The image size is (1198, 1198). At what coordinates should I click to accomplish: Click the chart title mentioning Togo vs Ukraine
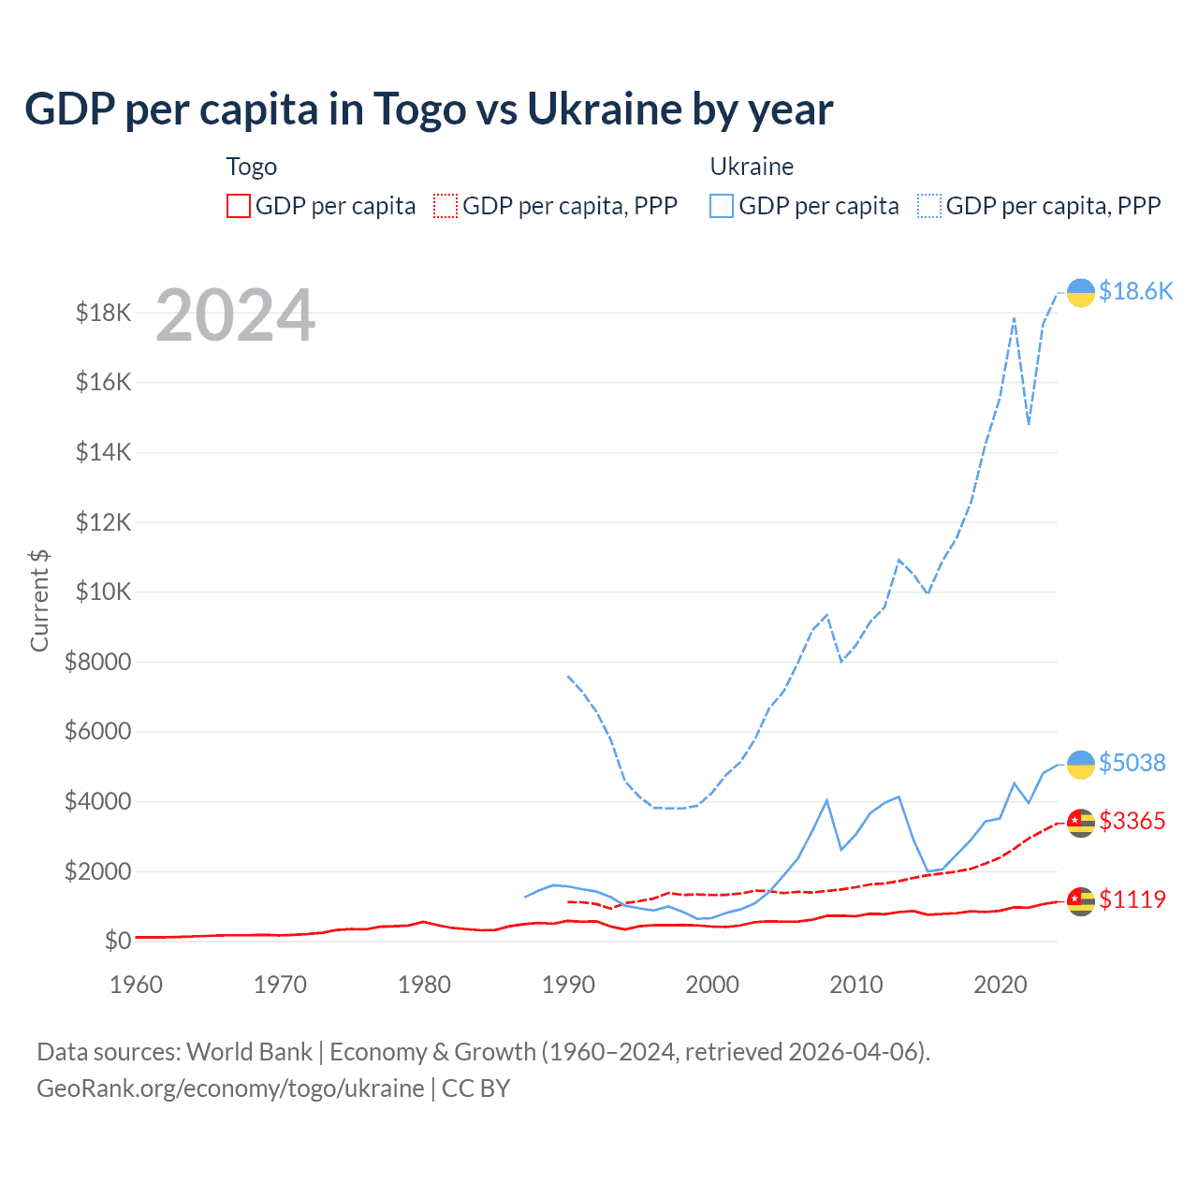click(x=429, y=109)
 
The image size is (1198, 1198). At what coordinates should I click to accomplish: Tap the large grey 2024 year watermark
click(x=235, y=315)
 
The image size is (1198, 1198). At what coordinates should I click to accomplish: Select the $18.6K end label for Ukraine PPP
click(x=1135, y=291)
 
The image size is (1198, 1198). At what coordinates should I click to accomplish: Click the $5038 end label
click(x=1132, y=763)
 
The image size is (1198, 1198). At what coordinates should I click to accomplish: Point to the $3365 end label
click(x=1132, y=821)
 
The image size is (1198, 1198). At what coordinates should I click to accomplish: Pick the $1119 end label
click(x=1132, y=899)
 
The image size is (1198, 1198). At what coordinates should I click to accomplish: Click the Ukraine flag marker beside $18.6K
click(x=1081, y=293)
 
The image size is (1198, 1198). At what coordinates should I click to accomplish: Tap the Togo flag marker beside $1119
click(x=1081, y=900)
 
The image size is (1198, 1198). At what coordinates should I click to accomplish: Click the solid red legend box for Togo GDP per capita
click(x=239, y=206)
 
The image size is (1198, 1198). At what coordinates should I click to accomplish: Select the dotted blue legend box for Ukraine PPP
click(x=929, y=206)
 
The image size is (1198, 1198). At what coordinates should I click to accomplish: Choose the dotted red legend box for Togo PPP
click(x=446, y=206)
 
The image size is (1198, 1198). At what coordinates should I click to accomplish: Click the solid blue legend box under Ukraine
click(x=722, y=206)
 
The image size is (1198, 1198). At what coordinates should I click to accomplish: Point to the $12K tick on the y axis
click(x=104, y=522)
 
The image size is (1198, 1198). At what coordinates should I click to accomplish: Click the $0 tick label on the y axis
click(x=117, y=941)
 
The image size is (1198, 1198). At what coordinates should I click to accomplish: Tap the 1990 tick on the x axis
click(x=568, y=985)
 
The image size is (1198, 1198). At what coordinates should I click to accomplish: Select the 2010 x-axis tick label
click(x=856, y=985)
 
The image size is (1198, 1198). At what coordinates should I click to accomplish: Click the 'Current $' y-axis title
click(x=39, y=600)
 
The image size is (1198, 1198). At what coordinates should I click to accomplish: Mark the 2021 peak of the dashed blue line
click(x=1014, y=318)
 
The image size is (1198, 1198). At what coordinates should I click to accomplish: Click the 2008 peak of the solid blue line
click(x=827, y=800)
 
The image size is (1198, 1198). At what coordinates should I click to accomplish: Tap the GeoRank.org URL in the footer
click(x=230, y=1088)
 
